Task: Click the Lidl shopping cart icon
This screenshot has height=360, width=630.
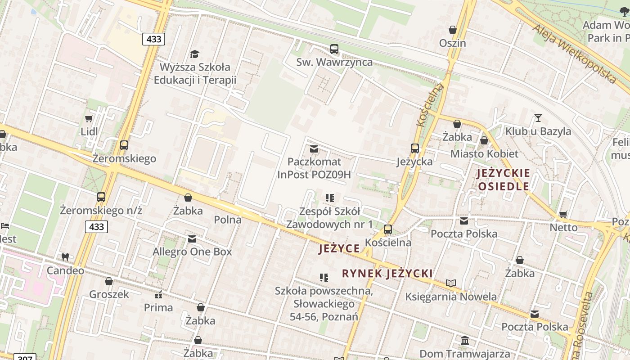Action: [89, 118]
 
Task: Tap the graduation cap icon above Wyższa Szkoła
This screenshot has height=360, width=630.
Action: [194, 54]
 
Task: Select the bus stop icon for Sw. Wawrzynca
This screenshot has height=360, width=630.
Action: [334, 49]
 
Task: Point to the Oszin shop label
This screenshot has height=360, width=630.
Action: [453, 43]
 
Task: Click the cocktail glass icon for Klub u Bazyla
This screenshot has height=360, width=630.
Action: [538, 118]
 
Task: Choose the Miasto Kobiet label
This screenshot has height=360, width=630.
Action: [484, 153]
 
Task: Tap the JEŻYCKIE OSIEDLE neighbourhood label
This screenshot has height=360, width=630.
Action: [504, 180]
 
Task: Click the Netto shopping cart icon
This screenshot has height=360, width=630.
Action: [563, 214]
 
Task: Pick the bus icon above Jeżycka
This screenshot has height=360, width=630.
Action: [414, 148]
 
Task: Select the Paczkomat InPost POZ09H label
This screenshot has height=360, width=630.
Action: [314, 168]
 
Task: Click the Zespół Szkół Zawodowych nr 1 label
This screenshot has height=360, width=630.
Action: [330, 218]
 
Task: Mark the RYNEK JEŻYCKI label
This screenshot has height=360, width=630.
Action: [387, 273]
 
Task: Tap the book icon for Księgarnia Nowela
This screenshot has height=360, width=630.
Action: [451, 283]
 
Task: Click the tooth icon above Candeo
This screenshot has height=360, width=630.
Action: [65, 257]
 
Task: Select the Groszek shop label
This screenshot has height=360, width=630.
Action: [109, 294]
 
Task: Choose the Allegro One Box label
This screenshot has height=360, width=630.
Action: [192, 252]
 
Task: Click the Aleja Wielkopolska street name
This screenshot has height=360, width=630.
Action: [574, 54]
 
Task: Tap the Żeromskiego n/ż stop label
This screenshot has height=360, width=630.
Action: [101, 210]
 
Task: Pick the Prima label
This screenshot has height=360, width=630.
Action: [158, 308]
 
